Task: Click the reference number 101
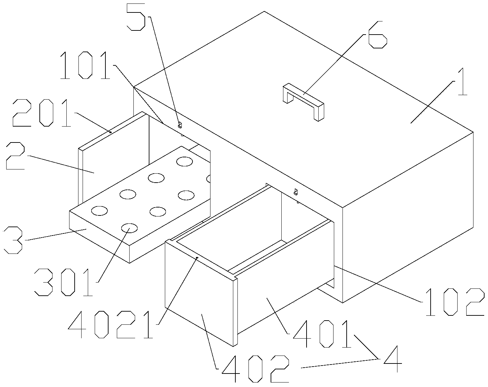click(x=85, y=65)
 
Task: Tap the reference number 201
click(x=42, y=113)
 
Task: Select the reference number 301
click(x=64, y=282)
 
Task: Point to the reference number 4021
click(x=111, y=325)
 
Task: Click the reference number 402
click(x=255, y=369)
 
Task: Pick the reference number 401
click(x=322, y=334)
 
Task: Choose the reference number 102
click(x=455, y=302)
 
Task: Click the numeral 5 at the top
click(x=136, y=17)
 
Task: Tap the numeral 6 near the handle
click(x=377, y=35)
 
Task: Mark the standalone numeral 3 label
click(x=13, y=240)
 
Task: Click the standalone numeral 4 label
click(x=393, y=359)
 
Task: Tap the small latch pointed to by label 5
click(x=180, y=125)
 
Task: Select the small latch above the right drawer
click(x=295, y=192)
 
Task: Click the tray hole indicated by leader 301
click(x=130, y=228)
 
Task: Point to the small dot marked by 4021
click(x=197, y=258)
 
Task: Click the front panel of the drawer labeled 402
click(x=199, y=293)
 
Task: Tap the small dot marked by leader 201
click(x=111, y=132)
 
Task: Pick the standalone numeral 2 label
click(x=15, y=156)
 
